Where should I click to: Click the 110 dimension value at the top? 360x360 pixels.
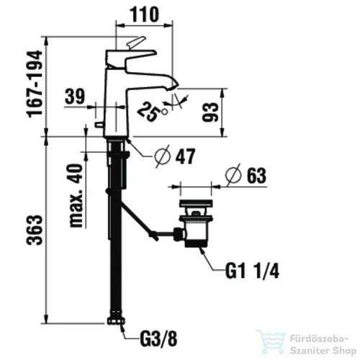pyautogui.click(x=145, y=14)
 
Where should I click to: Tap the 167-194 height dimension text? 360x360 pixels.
pyautogui.click(x=35, y=84)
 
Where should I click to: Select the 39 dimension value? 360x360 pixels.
pyautogui.click(x=75, y=96)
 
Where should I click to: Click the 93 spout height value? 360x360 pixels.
pyautogui.click(x=210, y=112)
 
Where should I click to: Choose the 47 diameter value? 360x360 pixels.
pyautogui.click(x=185, y=156)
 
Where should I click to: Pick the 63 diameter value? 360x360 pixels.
pyautogui.click(x=256, y=176)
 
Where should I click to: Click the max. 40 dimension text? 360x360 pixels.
pyautogui.click(x=76, y=195)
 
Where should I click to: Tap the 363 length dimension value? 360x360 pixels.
pyautogui.click(x=35, y=230)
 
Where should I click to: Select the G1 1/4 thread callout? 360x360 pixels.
pyautogui.click(x=252, y=271)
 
